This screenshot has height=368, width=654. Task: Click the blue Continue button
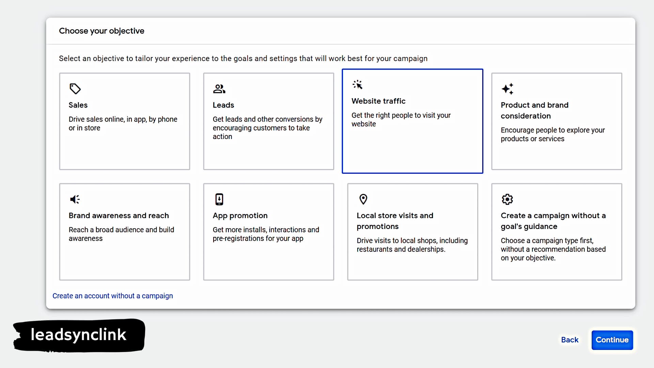pos(612,340)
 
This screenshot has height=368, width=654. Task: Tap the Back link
pos(570,340)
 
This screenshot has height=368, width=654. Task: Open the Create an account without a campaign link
pos(112,296)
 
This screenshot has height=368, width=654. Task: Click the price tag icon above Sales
pos(75,89)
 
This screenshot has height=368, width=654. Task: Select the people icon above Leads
pos(219,89)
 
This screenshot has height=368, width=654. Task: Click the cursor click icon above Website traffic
pos(357,85)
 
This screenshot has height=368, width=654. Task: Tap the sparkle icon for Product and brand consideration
pos(507,89)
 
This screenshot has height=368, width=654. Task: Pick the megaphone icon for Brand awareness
pos(75,199)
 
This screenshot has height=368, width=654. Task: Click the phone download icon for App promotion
pos(219,199)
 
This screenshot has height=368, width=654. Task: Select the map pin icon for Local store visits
pos(363,199)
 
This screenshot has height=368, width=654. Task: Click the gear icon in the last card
pos(507,199)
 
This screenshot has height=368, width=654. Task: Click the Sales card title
pos(78,105)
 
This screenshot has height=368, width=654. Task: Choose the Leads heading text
pos(223,105)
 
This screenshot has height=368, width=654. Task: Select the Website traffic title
pos(378,101)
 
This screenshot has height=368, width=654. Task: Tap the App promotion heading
pos(240,215)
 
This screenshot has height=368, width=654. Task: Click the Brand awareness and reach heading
pos(119,215)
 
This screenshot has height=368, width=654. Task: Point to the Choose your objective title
pos(102,31)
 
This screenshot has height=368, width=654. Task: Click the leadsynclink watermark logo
pos(79,335)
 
